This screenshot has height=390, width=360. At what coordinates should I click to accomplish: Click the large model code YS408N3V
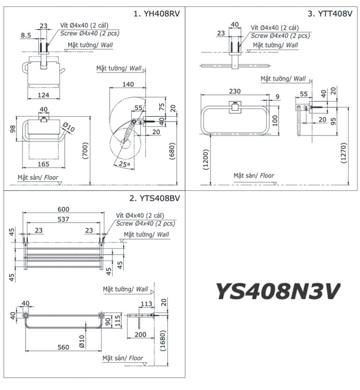(277, 291)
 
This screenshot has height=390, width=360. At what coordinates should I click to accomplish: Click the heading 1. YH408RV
(156, 15)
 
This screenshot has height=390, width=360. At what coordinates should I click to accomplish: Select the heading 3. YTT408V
(330, 15)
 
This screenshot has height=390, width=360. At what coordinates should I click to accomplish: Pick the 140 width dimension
(127, 84)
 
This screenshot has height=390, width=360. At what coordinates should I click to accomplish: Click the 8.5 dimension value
(27, 34)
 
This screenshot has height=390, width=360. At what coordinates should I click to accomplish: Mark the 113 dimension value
(146, 304)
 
